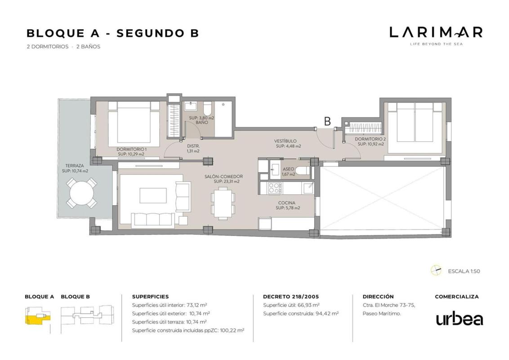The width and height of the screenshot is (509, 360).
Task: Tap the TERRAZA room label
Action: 74,166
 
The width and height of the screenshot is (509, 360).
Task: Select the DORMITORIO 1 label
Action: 131,149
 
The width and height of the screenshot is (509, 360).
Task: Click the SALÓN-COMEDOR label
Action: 223,176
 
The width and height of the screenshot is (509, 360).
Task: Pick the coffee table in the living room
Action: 153,196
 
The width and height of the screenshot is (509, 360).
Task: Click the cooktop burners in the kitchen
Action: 275,188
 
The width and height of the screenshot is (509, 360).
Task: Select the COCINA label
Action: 286,203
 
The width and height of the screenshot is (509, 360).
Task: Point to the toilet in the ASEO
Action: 303,171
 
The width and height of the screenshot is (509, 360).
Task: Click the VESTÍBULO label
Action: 286,141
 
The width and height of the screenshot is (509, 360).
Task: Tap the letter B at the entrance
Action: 327,121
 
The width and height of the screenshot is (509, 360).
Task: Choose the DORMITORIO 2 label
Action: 370,139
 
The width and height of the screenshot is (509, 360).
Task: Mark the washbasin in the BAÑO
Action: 191,107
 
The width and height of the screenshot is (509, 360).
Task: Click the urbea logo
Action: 460,319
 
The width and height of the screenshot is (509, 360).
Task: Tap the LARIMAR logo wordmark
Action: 436,32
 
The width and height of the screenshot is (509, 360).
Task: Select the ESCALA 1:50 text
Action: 464,271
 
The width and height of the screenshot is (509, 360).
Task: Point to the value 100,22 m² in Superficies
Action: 232,330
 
